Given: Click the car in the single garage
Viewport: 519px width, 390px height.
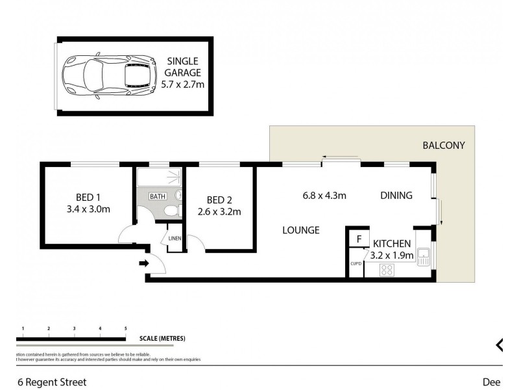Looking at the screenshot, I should pyautogui.click(x=110, y=76).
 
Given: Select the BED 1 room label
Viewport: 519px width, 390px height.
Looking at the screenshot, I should pyautogui.click(x=88, y=203).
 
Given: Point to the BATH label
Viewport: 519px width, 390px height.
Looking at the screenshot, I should pyautogui.click(x=157, y=196).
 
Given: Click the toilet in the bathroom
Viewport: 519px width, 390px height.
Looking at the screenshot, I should pyautogui.click(x=170, y=211).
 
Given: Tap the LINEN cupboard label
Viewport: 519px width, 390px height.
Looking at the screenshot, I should pyautogui.click(x=175, y=239).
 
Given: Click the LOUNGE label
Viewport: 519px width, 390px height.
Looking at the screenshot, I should pyautogui.click(x=300, y=230).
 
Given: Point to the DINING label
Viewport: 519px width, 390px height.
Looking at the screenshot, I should pyautogui.click(x=396, y=195).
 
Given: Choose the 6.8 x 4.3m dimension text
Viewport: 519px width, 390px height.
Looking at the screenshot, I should pyautogui.click(x=323, y=195).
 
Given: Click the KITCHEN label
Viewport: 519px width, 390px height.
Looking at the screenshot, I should pyautogui.click(x=392, y=243).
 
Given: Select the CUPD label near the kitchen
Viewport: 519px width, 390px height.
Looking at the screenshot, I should pyautogui.click(x=356, y=264).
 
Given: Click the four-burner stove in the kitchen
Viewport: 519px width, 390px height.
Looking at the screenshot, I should pyautogui.click(x=387, y=270).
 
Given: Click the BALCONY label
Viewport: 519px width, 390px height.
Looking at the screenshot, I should pyautogui.click(x=444, y=146).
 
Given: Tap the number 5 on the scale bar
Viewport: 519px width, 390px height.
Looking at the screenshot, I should pyautogui.click(x=125, y=328).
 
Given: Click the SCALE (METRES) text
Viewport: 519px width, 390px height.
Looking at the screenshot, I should pyautogui.click(x=163, y=339).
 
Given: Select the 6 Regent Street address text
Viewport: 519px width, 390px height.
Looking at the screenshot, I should pyautogui.click(x=51, y=382).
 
